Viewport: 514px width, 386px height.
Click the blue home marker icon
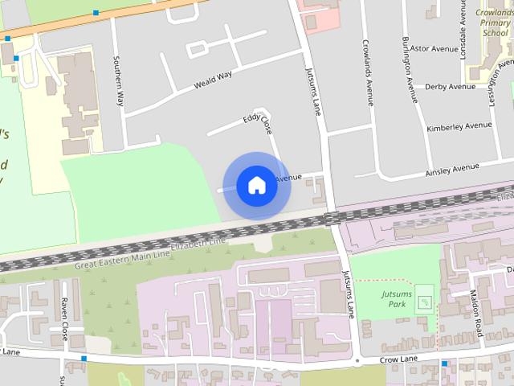(x=256, y=185)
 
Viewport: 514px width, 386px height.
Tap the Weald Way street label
(x=213, y=79)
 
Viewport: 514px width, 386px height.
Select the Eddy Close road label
(x=258, y=125)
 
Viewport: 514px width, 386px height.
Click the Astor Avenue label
(x=433, y=48)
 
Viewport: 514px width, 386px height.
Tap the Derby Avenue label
(x=450, y=87)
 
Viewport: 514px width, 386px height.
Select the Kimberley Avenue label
(x=459, y=126)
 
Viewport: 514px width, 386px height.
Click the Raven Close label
(x=64, y=319)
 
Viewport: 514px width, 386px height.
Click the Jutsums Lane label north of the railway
(x=314, y=90)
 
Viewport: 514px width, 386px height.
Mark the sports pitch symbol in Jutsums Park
(x=425, y=302)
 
